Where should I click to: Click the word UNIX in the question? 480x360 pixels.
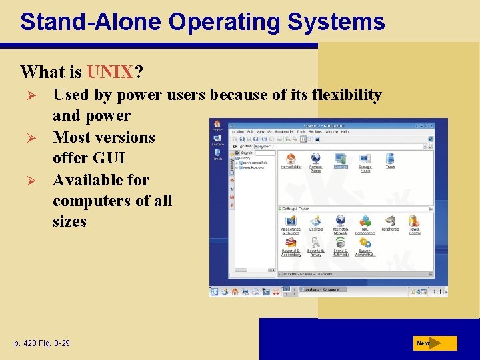click(x=109, y=71)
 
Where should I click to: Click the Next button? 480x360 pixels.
click(x=433, y=343)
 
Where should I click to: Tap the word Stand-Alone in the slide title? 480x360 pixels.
click(x=91, y=21)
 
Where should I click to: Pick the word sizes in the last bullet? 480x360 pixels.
click(x=69, y=221)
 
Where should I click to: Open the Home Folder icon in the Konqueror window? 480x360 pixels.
click(x=291, y=159)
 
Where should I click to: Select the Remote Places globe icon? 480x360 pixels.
click(x=316, y=159)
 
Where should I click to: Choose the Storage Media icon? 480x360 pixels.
click(x=365, y=159)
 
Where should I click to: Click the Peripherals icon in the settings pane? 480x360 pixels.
click(x=390, y=221)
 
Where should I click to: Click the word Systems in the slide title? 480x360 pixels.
click(x=336, y=21)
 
